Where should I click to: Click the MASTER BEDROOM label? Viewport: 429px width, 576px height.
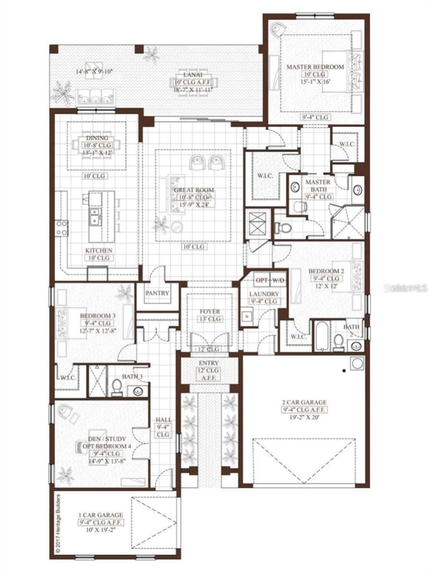click(x=315, y=67)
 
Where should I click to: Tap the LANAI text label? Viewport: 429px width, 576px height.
click(x=193, y=75)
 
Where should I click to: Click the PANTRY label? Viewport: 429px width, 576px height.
click(x=157, y=293)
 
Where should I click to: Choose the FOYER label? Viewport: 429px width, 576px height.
click(x=210, y=312)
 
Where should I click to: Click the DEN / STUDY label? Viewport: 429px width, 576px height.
click(x=108, y=439)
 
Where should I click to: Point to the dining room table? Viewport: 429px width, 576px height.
click(x=96, y=145)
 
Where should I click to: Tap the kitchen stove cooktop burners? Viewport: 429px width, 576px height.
click(x=62, y=228)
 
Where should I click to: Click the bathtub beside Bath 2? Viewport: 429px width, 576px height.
click(x=322, y=336)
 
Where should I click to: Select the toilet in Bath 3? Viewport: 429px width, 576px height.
click(x=117, y=387)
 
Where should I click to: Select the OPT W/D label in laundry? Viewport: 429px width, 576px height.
click(x=269, y=280)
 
